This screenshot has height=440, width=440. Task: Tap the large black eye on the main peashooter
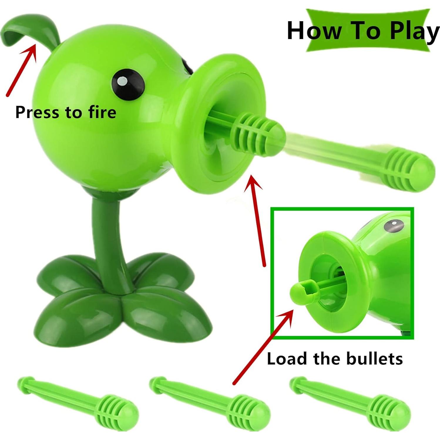[x=128, y=82]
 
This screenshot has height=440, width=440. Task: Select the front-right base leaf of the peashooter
[x=166, y=317]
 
